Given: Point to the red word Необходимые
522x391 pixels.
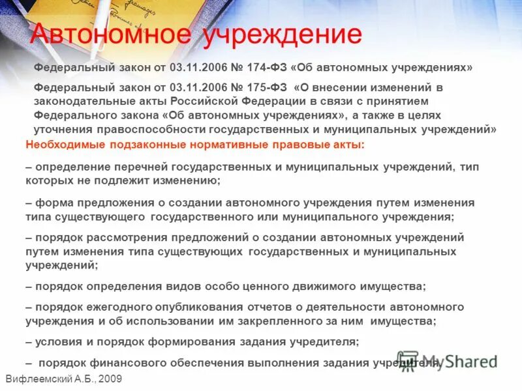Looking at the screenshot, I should [62, 145].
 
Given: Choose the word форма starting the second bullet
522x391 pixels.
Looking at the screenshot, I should [50, 203].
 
